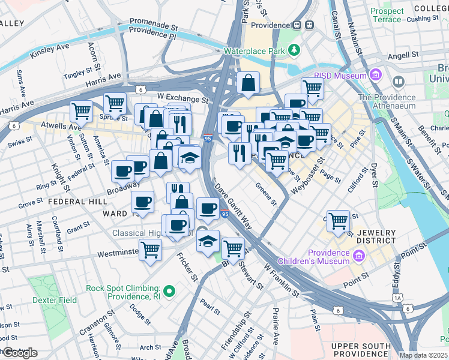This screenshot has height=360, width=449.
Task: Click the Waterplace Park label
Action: [254, 52]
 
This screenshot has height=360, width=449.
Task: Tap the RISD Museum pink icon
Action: [376, 76]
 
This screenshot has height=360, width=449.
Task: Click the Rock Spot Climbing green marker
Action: [170, 292]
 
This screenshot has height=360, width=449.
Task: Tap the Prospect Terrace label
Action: [387, 15]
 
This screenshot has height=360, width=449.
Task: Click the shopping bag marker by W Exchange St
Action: [248, 84]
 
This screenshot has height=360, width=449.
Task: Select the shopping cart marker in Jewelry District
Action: [339, 221]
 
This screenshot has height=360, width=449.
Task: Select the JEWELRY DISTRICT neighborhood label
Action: [376, 236]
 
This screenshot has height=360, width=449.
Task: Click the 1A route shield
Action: [397, 298]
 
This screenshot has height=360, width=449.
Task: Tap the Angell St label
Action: [403, 55]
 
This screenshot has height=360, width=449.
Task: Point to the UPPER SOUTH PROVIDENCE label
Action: [361, 352]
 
